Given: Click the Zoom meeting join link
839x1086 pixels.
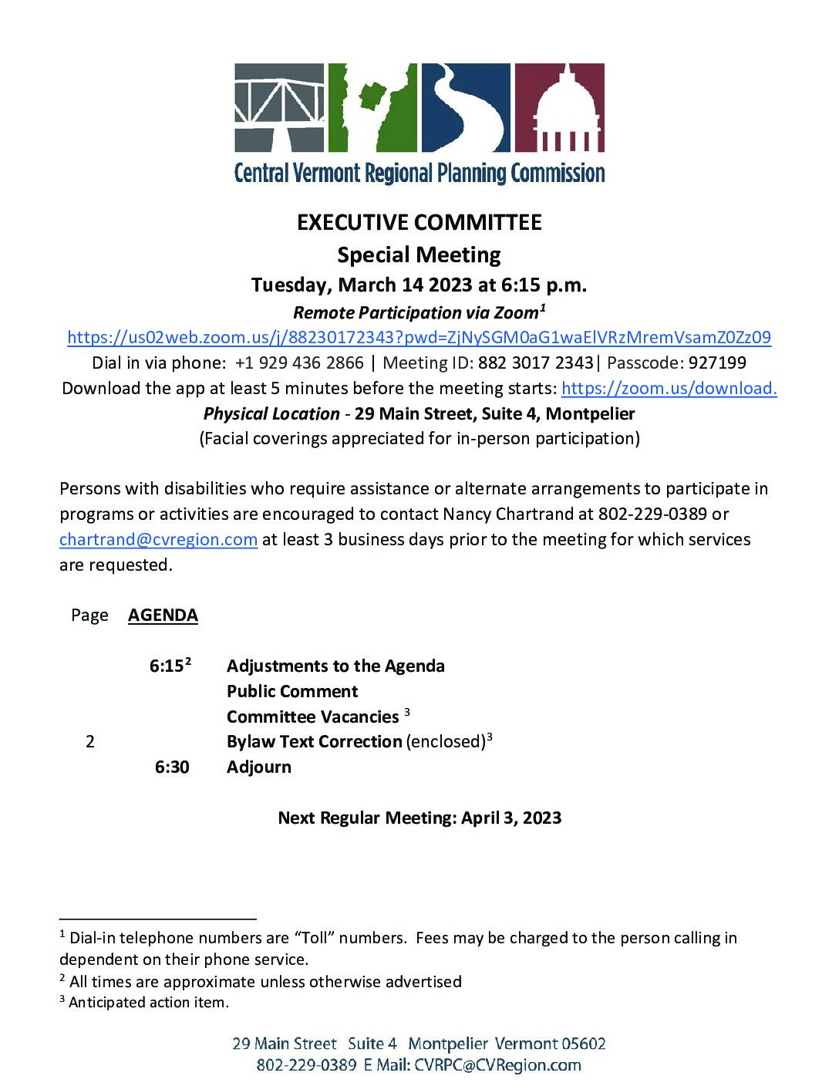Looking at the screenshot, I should coord(419,338).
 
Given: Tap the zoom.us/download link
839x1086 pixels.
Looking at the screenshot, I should coord(669,389).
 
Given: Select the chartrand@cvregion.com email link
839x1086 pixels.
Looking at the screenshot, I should coord(158,540).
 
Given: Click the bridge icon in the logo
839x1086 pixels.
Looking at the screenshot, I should coord(279,107).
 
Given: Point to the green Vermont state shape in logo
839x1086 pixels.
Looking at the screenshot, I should coord(372,107).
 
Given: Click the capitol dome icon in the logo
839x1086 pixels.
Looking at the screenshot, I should coord(559,107).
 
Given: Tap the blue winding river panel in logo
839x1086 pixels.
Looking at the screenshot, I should coord(466,107).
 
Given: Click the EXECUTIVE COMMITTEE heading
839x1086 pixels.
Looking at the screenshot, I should coord(419,223).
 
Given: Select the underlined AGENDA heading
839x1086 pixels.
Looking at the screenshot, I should coord(163,616).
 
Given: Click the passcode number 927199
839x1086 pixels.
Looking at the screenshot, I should coord(717,363).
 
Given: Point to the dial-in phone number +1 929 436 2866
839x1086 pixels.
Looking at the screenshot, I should coord(299,363).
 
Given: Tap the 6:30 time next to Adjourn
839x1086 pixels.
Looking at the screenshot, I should coord(172,767).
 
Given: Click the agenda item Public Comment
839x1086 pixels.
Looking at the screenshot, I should coord(292,692).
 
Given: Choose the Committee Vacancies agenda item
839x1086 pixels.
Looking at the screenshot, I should coord(312,717).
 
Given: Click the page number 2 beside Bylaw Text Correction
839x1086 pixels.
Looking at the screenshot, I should coord(90,742).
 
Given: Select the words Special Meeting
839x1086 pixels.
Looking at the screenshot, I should coord(419,255).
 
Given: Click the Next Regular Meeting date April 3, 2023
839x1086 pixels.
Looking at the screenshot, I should coord(511,818).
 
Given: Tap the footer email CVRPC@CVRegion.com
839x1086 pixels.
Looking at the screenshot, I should coord(497,1065).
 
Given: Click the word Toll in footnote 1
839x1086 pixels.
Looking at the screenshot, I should coord(312,939).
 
